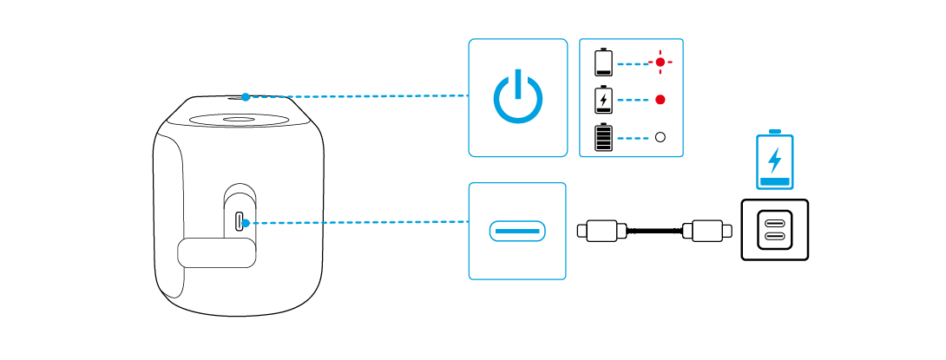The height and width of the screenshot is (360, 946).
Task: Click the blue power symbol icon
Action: tap(517, 97)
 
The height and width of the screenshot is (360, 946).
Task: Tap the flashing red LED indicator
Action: tap(661, 62)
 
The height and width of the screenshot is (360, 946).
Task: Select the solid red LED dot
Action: tap(660, 100)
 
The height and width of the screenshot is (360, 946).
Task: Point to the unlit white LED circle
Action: tap(660, 137)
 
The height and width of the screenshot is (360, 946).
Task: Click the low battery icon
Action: tap(602, 62)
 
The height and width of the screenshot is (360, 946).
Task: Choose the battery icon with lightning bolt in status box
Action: tap(602, 100)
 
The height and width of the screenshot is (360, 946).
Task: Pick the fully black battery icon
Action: tap(602, 137)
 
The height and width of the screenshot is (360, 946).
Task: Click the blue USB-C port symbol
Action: tap(517, 232)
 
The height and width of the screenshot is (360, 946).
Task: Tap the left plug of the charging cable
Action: tap(601, 231)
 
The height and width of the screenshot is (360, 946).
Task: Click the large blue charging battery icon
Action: tap(775, 160)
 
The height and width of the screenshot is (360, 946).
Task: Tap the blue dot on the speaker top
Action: tap(246, 97)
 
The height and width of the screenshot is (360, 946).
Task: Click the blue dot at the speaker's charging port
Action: tap(247, 223)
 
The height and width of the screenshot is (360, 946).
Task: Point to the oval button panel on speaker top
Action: tap(240, 121)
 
